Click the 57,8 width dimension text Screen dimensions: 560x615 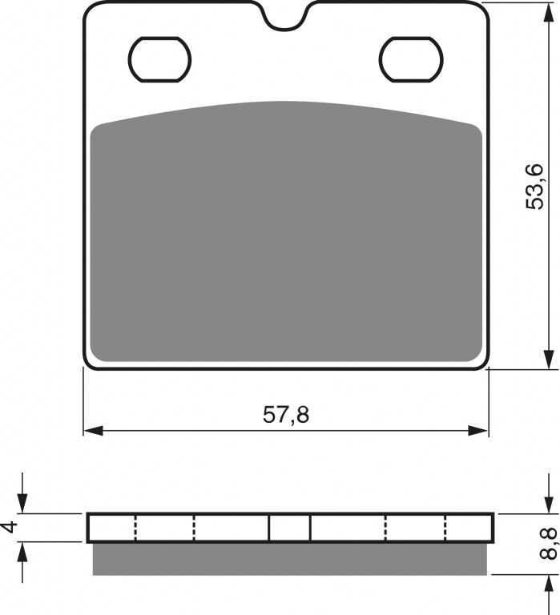click(286, 415)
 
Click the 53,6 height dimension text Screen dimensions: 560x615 click(534, 187)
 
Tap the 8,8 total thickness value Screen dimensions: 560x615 click(548, 544)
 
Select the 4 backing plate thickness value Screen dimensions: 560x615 click(11, 527)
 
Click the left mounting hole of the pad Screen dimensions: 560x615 click(159, 59)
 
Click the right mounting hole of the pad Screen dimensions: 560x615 click(411, 59)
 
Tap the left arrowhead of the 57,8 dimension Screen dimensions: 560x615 click(94, 430)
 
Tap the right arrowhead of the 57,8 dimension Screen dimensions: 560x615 click(478, 430)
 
